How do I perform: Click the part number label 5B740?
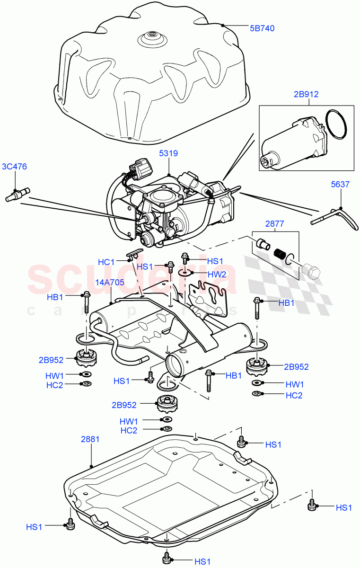[x=262, y=28]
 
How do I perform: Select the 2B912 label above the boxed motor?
[x=305, y=94]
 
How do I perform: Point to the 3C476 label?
[x=15, y=166]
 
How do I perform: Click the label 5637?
[x=340, y=185]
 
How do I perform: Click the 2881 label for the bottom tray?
[x=90, y=439]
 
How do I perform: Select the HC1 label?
[x=106, y=262]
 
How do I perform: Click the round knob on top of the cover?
[x=152, y=35]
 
